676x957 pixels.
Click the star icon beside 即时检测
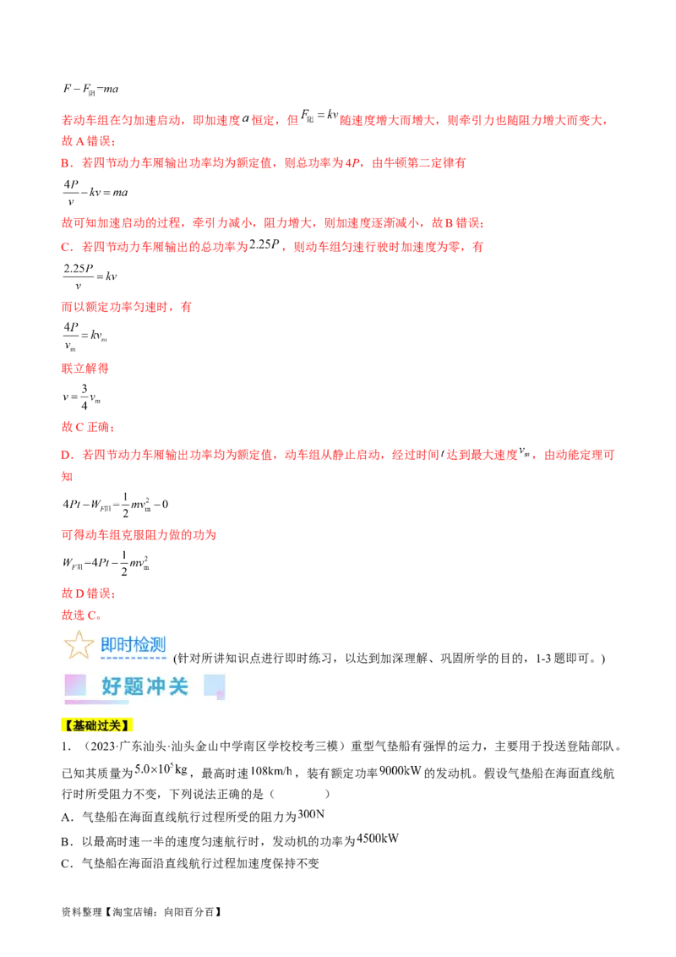(x=79, y=645)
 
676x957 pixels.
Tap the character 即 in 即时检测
(x=109, y=645)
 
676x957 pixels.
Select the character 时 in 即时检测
(x=126, y=645)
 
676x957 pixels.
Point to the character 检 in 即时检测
(x=142, y=645)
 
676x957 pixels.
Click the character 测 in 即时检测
(x=158, y=645)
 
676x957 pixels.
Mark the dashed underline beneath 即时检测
(x=134, y=657)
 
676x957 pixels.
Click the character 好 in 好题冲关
(x=112, y=686)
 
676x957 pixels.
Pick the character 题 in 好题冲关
(x=134, y=686)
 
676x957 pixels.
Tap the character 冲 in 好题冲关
(x=155, y=686)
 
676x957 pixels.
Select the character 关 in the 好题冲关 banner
(x=178, y=686)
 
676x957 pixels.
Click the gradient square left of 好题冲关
(x=75, y=685)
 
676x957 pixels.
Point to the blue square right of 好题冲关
(x=215, y=686)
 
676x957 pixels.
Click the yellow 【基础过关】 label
(x=98, y=726)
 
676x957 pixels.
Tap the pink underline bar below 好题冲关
(x=97, y=702)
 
